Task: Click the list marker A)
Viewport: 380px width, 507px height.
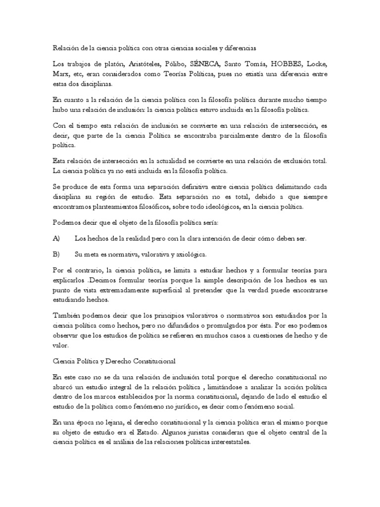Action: point(56,238)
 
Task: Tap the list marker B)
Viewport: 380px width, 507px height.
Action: point(56,254)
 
